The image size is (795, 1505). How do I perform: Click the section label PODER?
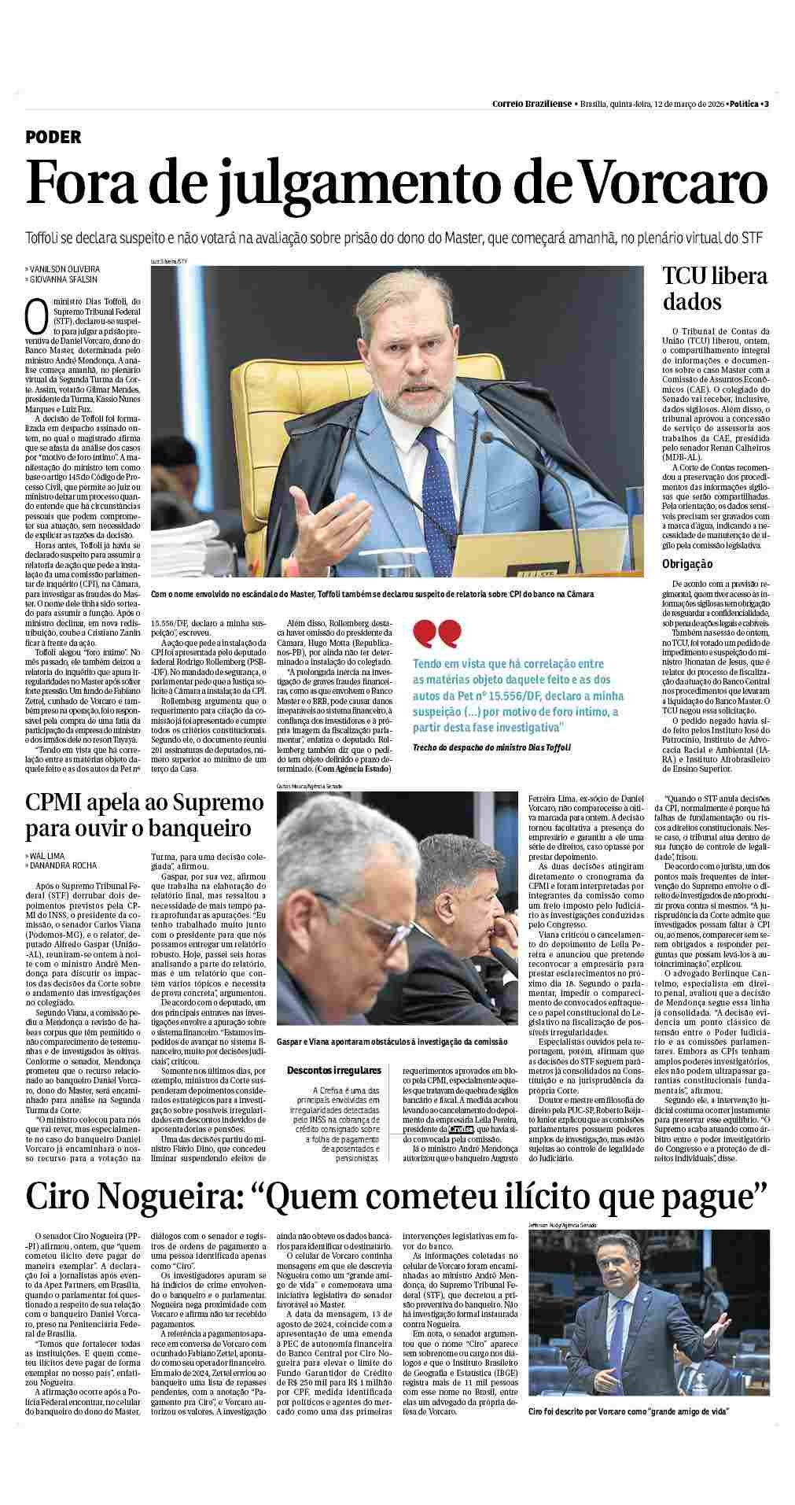53,137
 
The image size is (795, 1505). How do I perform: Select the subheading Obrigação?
687,563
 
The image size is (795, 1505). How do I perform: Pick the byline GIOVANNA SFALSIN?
64,278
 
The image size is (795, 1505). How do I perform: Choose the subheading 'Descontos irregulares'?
333,1070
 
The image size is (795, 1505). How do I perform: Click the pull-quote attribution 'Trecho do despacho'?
491,747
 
